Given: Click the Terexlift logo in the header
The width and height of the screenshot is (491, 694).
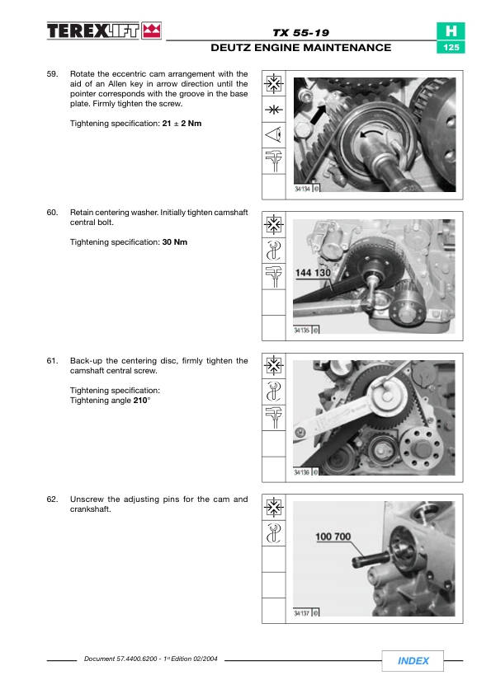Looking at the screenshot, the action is [104, 31].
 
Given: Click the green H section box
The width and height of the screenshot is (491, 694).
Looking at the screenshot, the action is [451, 31].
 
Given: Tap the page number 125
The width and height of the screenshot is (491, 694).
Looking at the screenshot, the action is [451, 47].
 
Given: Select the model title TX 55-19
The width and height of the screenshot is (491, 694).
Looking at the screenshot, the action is [301, 33].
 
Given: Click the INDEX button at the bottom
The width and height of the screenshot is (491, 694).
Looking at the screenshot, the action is [413, 661].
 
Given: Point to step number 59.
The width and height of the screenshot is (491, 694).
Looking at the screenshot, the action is [52, 74].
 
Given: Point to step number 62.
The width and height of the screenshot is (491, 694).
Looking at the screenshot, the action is [52, 499].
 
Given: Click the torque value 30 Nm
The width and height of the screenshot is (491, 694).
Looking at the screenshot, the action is [175, 242].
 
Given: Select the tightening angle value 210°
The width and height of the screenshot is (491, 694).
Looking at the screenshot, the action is [142, 400].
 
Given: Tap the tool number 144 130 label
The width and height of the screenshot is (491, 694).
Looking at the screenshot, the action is [313, 273].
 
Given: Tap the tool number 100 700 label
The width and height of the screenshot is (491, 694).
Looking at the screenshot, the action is [333, 537].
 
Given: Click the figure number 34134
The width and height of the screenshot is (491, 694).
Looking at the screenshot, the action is [303, 189].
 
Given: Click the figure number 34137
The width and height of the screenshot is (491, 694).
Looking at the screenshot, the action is [302, 613].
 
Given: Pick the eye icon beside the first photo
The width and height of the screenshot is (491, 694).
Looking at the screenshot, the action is [273, 134].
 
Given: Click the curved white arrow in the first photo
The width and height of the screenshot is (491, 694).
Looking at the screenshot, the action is [371, 134].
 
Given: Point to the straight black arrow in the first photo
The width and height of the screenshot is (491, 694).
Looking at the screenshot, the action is [319, 115].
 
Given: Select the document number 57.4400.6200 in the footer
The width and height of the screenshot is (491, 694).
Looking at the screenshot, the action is [136, 659].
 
